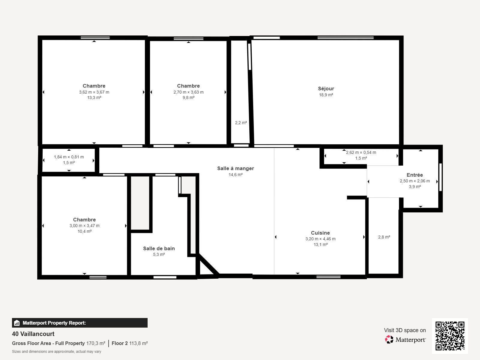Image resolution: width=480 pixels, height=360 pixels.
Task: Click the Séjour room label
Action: click(326, 88)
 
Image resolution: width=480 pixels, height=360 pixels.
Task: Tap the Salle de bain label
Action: click(159, 248)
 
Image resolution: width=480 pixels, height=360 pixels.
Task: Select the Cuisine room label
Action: click(320, 233)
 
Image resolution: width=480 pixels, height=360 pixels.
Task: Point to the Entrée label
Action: click(415, 175)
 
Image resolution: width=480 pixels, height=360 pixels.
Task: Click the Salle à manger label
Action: click(235, 168)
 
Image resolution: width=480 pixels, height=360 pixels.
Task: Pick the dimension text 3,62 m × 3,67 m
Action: click(94, 92)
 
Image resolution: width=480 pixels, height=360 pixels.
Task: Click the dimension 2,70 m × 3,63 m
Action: click(188, 92)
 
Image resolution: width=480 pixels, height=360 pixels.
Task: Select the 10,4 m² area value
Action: click(84, 231)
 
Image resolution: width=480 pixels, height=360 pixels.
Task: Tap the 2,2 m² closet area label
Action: click(241, 123)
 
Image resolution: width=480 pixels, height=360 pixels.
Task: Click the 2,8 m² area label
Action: click(384, 237)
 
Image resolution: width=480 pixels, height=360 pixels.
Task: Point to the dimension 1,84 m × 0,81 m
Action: click(69, 157)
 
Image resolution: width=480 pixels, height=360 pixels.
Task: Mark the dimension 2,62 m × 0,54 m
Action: click(361, 152)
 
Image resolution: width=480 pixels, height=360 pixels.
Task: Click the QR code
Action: click(450, 336)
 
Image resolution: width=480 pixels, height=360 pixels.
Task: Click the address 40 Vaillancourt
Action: click(33, 334)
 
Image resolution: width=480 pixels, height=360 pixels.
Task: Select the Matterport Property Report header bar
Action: click(79, 323)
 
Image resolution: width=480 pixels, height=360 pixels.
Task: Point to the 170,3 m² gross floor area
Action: click(96, 343)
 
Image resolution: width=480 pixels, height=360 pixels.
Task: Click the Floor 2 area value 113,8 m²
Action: click(138, 343)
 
